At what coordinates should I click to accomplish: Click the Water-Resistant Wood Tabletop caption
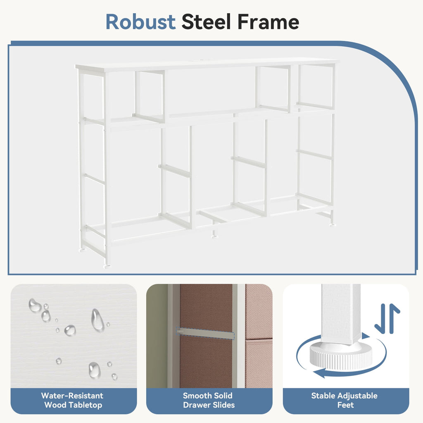[x=73, y=400]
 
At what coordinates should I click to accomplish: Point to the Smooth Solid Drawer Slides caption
[x=209, y=400]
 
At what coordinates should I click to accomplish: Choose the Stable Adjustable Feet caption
[x=345, y=400]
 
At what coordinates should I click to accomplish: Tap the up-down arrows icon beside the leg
[x=387, y=318]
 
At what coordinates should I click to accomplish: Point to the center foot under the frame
[x=215, y=237]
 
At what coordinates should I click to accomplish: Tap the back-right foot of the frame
[x=333, y=224]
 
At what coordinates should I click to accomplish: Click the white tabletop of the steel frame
[x=207, y=64]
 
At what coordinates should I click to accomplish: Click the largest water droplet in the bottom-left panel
[x=97, y=320]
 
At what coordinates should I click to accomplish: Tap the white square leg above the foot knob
[x=341, y=314]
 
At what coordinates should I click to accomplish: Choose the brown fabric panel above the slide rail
[x=206, y=307]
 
